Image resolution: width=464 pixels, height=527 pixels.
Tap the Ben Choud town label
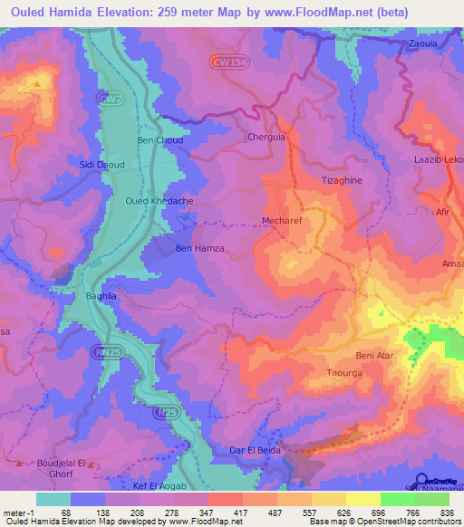pos(159,140)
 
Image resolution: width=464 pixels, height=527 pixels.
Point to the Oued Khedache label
pos(159,201)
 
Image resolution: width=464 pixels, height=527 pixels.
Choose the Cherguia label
pos(266,138)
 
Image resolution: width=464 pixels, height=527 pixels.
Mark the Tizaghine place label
pos(343,179)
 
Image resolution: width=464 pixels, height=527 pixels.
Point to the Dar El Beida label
pos(255,450)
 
